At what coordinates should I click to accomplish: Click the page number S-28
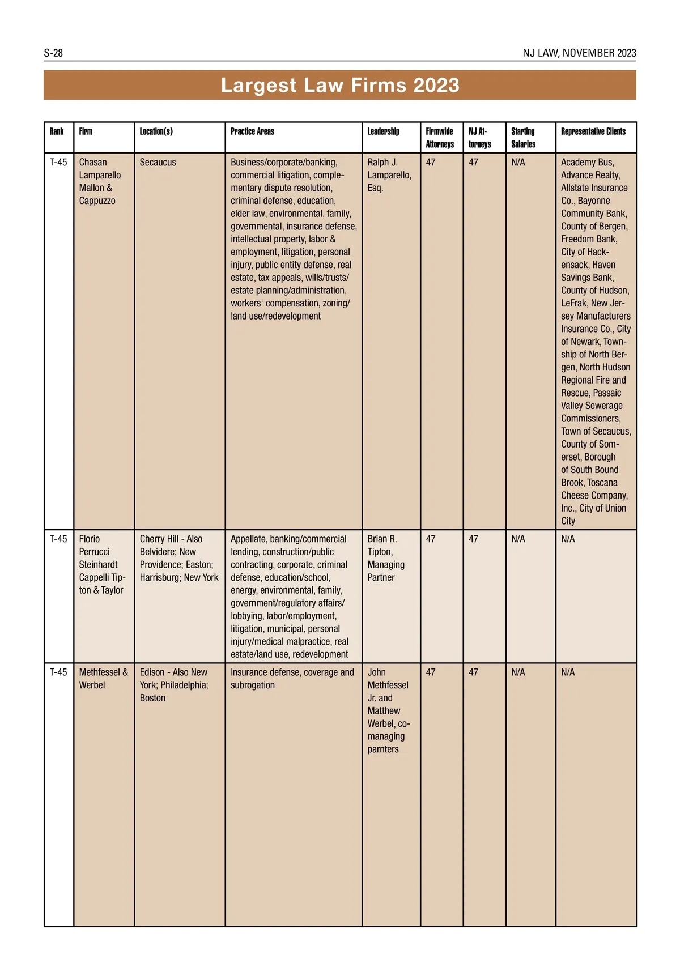pyautogui.click(x=53, y=53)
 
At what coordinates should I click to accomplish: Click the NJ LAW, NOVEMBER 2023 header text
pyautogui.click(x=579, y=53)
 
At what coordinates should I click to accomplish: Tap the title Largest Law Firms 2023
pyautogui.click(x=340, y=85)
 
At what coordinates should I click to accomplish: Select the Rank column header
pyautogui.click(x=57, y=131)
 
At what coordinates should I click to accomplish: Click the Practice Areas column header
pyautogui.click(x=252, y=131)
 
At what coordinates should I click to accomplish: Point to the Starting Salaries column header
pyautogui.click(x=523, y=138)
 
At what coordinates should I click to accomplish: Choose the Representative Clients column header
pyautogui.click(x=593, y=131)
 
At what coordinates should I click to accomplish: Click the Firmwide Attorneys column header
pyautogui.click(x=440, y=138)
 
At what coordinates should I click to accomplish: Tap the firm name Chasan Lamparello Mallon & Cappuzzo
pyautogui.click(x=100, y=181)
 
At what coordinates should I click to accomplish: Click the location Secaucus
pyautogui.click(x=158, y=163)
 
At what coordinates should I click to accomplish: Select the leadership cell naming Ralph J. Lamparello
pyautogui.click(x=389, y=175)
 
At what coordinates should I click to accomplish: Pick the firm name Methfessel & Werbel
pyautogui.click(x=103, y=679)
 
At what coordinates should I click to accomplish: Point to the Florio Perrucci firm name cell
pyautogui.click(x=102, y=564)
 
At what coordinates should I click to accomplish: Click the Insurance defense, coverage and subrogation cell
pyautogui.click(x=292, y=679)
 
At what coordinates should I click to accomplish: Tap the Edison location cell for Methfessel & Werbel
pyautogui.click(x=174, y=685)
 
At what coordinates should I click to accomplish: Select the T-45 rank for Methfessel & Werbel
pyautogui.click(x=58, y=672)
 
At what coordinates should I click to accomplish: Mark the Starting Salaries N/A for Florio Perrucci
pyautogui.click(x=518, y=539)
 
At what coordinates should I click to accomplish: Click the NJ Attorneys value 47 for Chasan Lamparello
pyautogui.click(x=473, y=163)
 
